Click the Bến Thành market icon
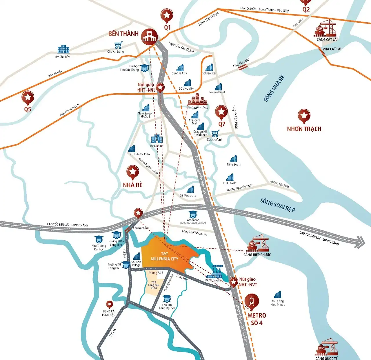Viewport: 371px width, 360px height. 149,37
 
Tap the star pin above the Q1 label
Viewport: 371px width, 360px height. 167,15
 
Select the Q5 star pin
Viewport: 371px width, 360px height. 28,97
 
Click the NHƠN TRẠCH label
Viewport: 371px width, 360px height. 304,129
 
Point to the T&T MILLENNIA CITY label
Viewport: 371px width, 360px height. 164,257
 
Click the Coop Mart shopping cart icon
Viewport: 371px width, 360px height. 215,134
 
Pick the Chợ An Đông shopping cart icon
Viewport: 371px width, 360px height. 118,46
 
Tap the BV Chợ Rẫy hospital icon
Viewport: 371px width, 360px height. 63,50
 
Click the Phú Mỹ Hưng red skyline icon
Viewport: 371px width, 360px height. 197,99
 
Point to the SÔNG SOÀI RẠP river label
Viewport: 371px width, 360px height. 278,205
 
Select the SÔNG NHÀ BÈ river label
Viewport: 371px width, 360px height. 274,88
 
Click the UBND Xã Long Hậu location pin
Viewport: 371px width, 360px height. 109,304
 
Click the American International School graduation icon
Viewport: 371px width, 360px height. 193,214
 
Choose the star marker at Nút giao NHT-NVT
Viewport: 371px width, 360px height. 234,282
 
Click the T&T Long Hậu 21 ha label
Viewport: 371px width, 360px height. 154,285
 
